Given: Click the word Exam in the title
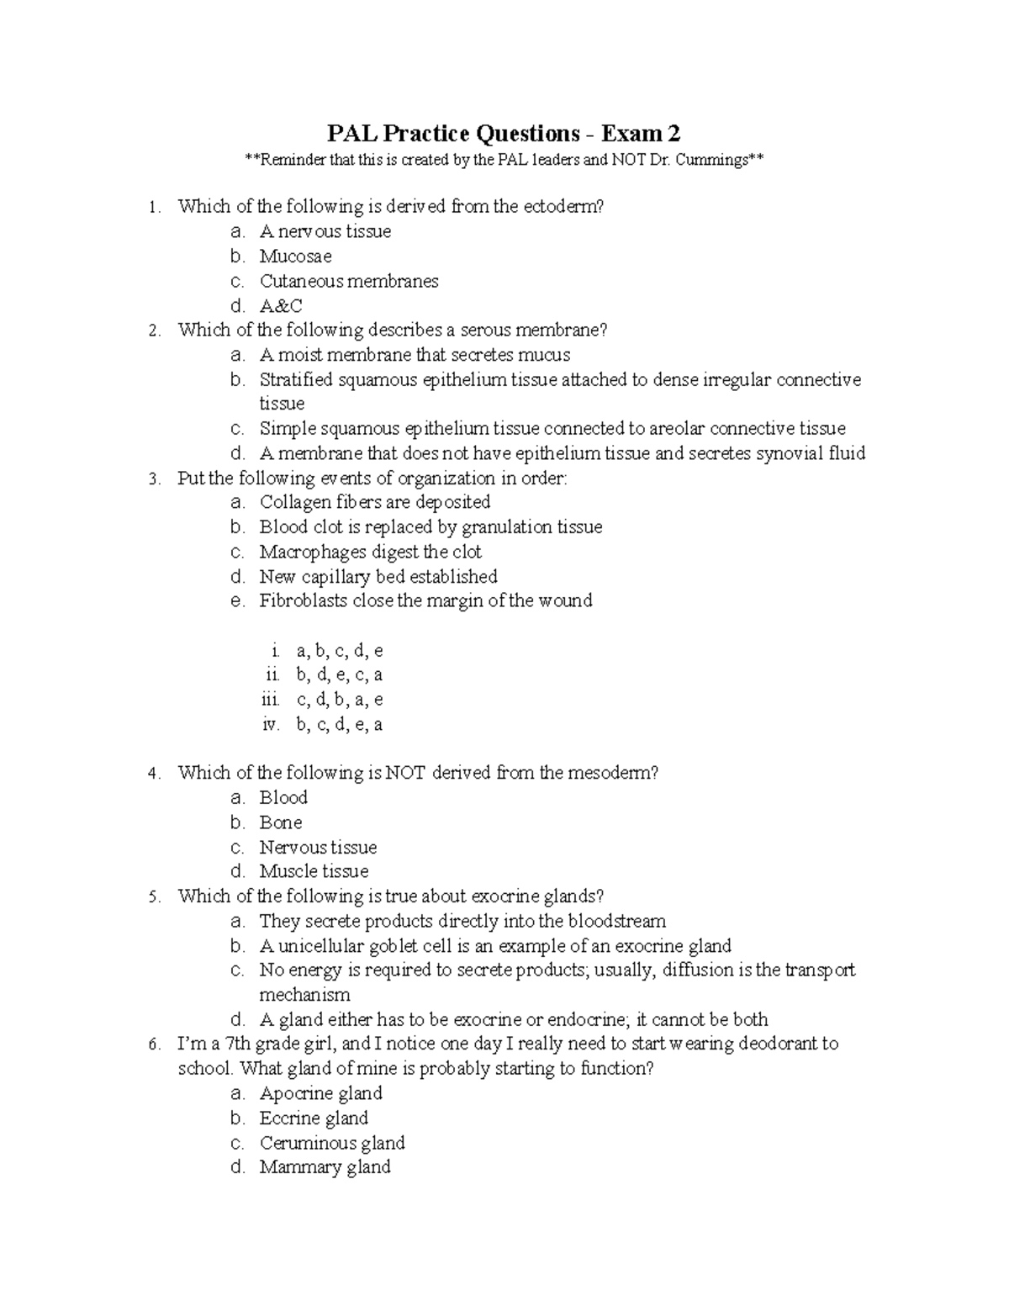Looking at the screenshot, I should [626, 134].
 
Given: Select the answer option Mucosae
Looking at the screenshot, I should [295, 256].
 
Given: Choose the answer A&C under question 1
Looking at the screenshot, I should [281, 306].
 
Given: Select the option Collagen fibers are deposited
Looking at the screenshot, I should [374, 503].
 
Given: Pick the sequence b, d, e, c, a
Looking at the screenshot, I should [339, 675].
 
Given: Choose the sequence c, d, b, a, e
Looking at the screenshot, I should [339, 700].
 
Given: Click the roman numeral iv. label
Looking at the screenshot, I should [270, 725].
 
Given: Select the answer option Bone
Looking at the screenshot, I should [280, 822].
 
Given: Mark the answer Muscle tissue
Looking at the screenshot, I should [314, 872].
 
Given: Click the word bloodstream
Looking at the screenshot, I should [616, 922].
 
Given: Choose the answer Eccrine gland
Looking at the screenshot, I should [314, 1118].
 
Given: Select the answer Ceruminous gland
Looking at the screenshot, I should [332, 1144].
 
